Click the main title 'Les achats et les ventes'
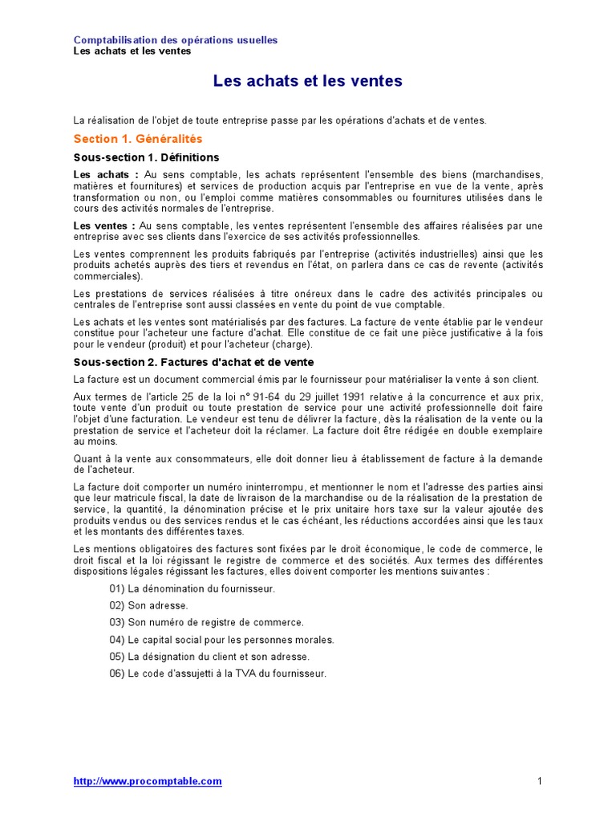click(x=307, y=81)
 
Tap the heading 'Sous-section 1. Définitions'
click(x=146, y=157)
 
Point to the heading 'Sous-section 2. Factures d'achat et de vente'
click(x=193, y=362)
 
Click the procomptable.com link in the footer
click(x=148, y=781)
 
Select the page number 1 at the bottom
click(x=540, y=781)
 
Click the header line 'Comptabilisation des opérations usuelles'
click(x=176, y=40)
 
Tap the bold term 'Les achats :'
click(x=106, y=174)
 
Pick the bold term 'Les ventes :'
click(x=104, y=226)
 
